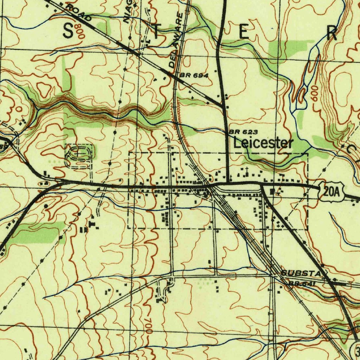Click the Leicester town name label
263,143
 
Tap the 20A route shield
330,192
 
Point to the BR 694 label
194,75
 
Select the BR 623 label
244,132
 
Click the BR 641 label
302,283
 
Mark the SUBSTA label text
301,273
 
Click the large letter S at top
68,32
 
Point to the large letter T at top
156,32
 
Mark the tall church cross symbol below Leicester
247,171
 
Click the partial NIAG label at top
129,11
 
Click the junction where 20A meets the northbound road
228,183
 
